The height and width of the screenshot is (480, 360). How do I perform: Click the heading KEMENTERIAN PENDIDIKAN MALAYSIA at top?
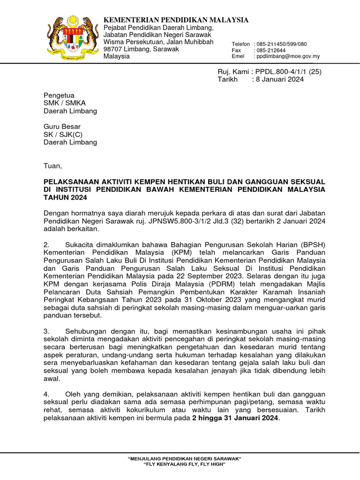(x=176, y=20)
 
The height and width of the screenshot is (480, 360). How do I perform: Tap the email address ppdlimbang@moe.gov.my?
(x=287, y=56)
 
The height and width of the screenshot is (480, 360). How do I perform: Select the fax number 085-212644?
(x=270, y=50)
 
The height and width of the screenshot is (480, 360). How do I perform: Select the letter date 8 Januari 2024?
(x=279, y=79)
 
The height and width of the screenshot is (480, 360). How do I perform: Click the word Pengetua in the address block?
(x=59, y=95)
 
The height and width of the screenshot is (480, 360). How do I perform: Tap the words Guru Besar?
(x=62, y=127)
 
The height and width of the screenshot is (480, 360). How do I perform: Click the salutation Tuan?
(x=52, y=166)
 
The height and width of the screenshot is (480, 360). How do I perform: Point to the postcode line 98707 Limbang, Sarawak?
(x=141, y=49)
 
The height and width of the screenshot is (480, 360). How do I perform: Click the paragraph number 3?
(x=46, y=331)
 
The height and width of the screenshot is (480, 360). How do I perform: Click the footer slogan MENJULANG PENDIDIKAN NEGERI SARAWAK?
(x=184, y=458)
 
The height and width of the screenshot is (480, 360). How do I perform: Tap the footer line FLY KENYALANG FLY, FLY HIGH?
(x=184, y=464)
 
